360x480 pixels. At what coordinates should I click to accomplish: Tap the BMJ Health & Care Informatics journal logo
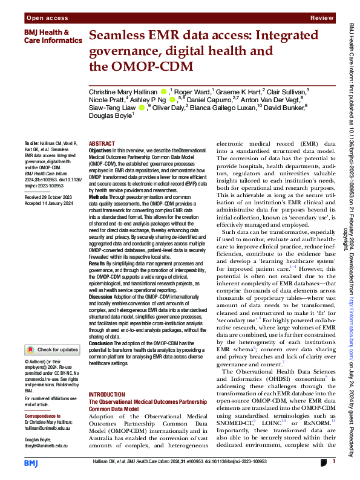click(x=47, y=36)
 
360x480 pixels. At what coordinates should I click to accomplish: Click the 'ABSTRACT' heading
click(x=101, y=144)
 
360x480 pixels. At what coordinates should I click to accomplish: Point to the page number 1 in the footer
click(x=333, y=461)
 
